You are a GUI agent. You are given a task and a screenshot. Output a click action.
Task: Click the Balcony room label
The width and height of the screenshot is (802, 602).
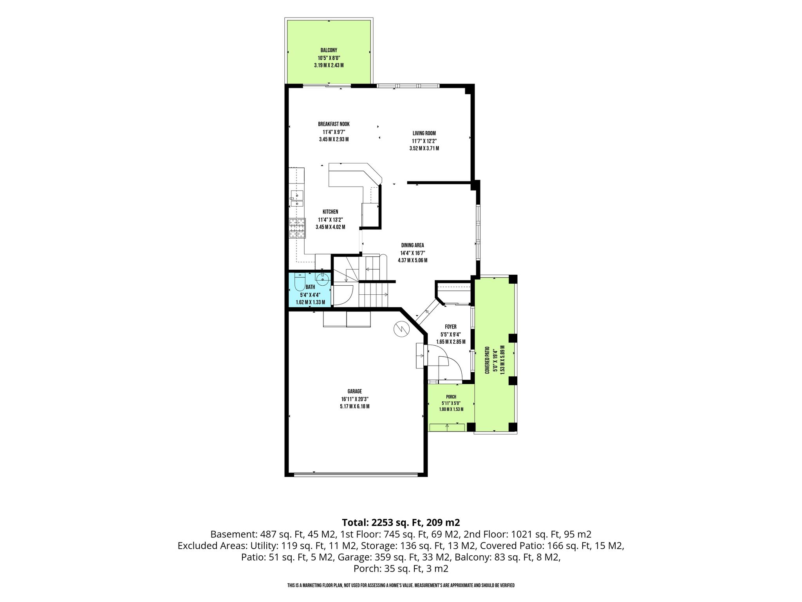[329, 50]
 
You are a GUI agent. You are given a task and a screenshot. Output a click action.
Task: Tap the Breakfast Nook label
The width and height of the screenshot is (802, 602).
[334, 124]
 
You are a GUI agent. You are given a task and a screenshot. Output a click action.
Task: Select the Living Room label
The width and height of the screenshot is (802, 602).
[424, 133]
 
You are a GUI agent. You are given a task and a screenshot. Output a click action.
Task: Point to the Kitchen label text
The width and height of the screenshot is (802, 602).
[331, 212]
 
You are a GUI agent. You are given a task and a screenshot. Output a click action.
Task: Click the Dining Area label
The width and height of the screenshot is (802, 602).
[412, 245]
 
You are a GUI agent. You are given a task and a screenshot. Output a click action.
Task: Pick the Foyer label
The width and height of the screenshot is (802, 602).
[451, 326]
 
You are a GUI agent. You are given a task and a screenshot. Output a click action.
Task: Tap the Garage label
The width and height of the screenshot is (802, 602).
[354, 391]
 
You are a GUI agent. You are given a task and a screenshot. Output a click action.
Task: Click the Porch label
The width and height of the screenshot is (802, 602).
[451, 397]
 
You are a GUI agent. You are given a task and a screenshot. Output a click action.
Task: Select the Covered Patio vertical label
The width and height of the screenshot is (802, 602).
[487, 360]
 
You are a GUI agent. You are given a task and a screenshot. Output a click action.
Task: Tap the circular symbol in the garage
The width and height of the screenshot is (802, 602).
[401, 329]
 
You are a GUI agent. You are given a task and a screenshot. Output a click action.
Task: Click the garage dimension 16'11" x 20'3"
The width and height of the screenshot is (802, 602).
[354, 399]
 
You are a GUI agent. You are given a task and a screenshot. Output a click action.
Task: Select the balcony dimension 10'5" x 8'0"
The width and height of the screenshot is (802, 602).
[329, 58]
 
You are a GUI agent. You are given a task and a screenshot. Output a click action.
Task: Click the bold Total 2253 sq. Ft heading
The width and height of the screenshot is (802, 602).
[401, 522]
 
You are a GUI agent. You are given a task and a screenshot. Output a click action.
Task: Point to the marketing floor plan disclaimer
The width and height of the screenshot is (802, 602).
[401, 586]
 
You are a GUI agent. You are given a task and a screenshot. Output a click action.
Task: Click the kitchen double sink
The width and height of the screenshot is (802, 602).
[297, 199]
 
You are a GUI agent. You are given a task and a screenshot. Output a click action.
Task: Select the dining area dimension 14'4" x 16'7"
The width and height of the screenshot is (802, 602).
[412, 253]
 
